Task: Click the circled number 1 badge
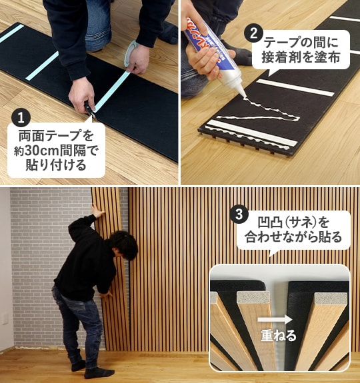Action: [x=21, y=118]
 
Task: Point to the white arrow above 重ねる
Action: [x=278, y=319]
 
